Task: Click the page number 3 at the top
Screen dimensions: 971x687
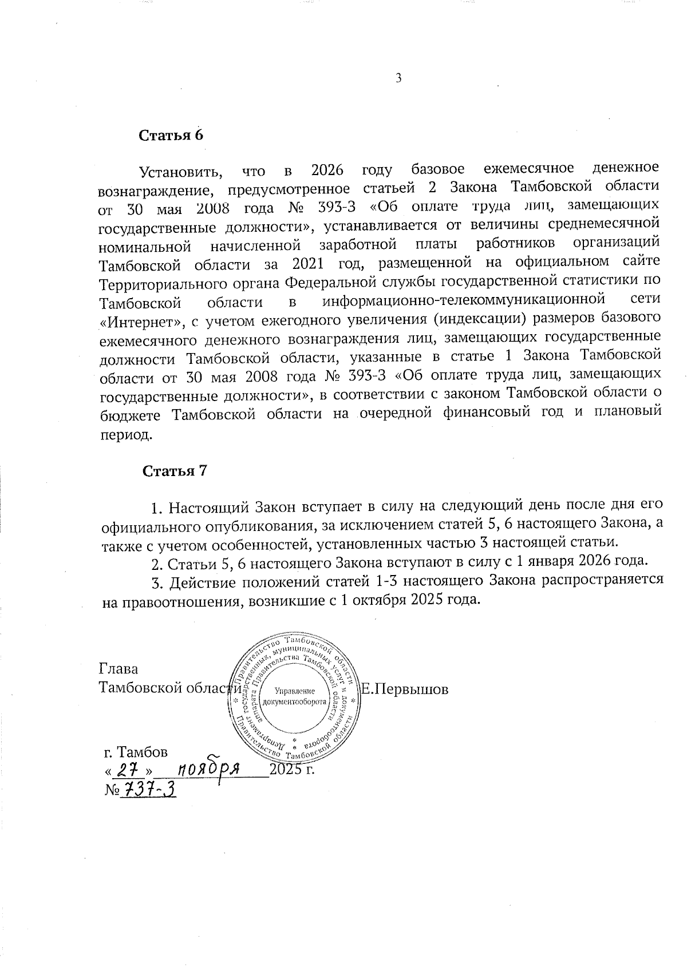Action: pos(398,78)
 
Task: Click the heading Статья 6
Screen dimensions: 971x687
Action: pos(171,136)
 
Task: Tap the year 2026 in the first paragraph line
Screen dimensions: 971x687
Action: pos(328,169)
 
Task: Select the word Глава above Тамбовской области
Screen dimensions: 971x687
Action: pos(119,669)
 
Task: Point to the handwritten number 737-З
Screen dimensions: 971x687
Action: pos(148,790)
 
